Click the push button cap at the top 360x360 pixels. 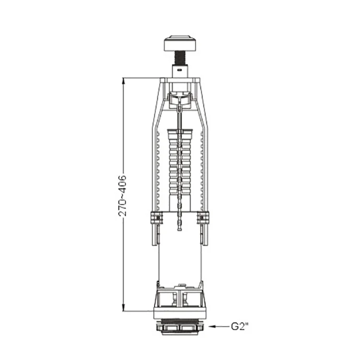(x=180, y=43)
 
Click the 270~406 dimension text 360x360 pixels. (x=123, y=194)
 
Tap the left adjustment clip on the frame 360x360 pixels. (x=155, y=218)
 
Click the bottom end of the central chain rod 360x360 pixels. (x=180, y=228)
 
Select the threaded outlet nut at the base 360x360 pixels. (x=180, y=327)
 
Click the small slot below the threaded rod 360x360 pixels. (x=180, y=71)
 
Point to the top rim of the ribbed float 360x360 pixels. (x=180, y=130)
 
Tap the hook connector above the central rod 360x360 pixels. (x=180, y=101)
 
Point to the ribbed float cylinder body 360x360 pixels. (x=180, y=163)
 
